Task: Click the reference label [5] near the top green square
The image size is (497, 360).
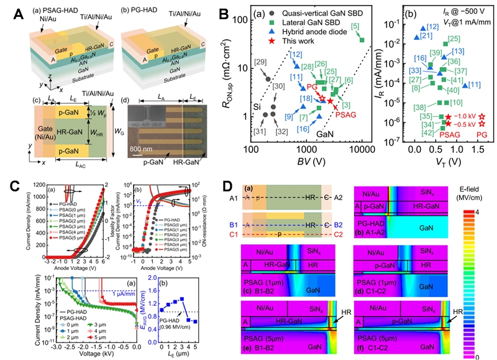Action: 356,27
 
